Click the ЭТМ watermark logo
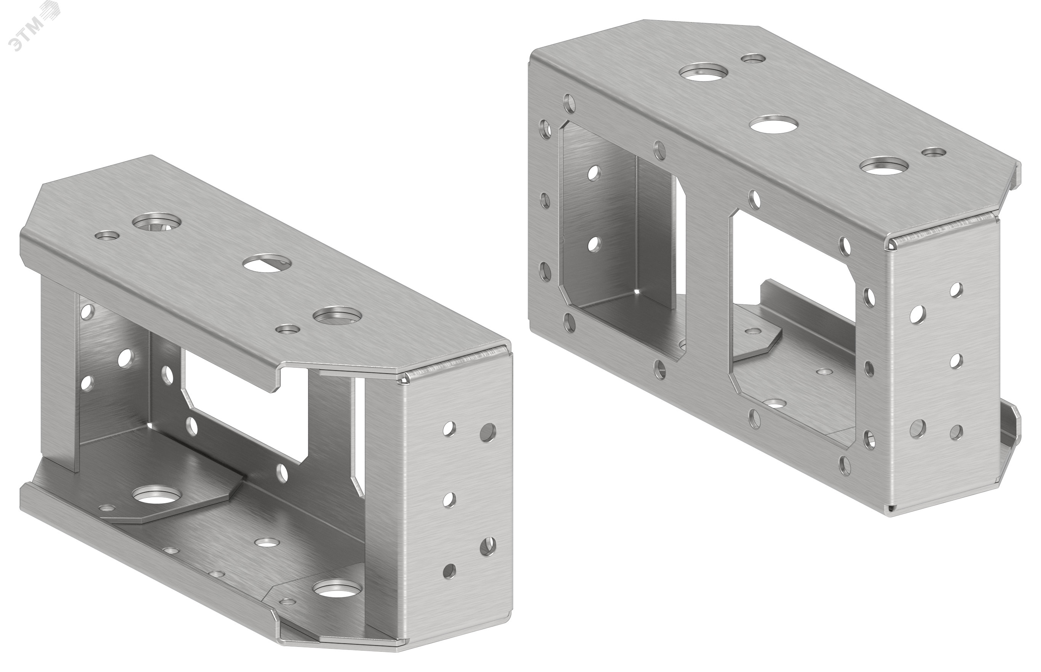35,27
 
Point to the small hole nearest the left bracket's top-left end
107,236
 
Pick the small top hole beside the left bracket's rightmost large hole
288,329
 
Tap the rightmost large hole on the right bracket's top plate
885,166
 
